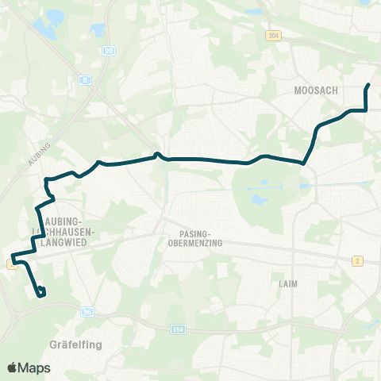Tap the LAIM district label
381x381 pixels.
coord(288,283)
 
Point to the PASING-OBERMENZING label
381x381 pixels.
coord(194,237)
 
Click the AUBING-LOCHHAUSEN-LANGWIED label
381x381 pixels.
coord(70,225)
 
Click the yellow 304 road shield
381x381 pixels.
coord(273,37)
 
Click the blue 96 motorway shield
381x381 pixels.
coord(87,311)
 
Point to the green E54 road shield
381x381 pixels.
coord(178,327)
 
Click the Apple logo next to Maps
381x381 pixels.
coord(13,368)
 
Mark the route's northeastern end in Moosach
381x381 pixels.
coord(368,84)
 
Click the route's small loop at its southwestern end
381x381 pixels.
coord(40,293)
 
